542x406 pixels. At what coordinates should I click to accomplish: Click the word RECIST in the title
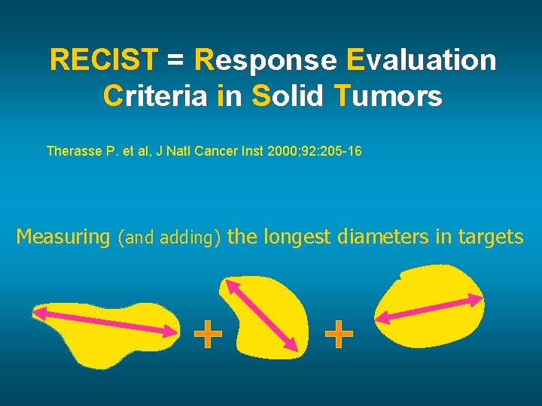(x=103, y=60)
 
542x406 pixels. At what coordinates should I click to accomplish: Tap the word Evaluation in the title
(x=422, y=60)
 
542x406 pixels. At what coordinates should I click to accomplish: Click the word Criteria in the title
(x=154, y=96)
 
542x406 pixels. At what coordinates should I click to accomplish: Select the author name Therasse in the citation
(x=73, y=151)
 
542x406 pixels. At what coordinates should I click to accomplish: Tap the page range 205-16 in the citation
(x=340, y=151)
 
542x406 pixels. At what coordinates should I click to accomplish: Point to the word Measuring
(x=63, y=238)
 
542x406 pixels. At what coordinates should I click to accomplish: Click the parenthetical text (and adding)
(x=169, y=238)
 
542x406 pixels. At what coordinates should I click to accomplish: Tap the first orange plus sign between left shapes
(x=209, y=335)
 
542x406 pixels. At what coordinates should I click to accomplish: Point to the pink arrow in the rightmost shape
(x=429, y=308)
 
